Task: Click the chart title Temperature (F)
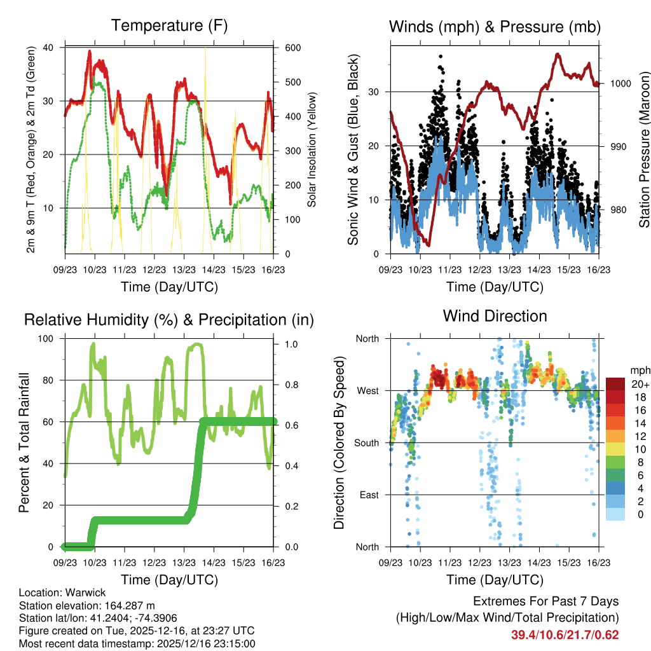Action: [x=169, y=26]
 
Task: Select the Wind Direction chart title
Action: [x=495, y=316]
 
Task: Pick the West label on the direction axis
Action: [x=367, y=390]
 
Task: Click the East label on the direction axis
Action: [x=368, y=495]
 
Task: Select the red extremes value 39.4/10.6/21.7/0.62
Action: [x=565, y=634]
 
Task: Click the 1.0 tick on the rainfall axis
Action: [x=291, y=344]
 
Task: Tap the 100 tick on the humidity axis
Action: [x=48, y=339]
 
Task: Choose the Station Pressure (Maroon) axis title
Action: [x=644, y=149]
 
